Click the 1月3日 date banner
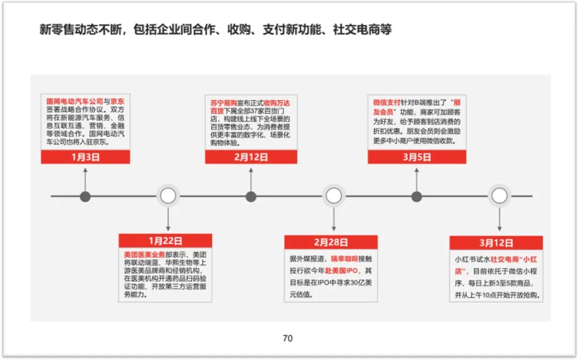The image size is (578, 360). coord(86,157)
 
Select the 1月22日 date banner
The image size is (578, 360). coord(165,241)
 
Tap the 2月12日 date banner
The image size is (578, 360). coord(251,157)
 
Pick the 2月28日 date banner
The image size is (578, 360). coord(331,242)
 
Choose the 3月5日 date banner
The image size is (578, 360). coord(416,157)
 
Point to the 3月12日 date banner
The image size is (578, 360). coord(496,242)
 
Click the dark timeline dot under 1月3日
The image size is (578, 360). coord(85,196)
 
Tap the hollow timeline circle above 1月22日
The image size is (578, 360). coord(168,196)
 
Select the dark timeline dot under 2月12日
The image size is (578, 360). coord(251,196)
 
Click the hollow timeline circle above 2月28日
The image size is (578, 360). coord(334,196)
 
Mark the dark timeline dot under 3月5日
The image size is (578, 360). coord(416,196)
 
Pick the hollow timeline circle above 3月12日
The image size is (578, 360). coord(499,196)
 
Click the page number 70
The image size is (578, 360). coord(288,338)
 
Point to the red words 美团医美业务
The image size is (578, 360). coord(142,254)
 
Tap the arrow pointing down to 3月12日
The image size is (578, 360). coord(499,219)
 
